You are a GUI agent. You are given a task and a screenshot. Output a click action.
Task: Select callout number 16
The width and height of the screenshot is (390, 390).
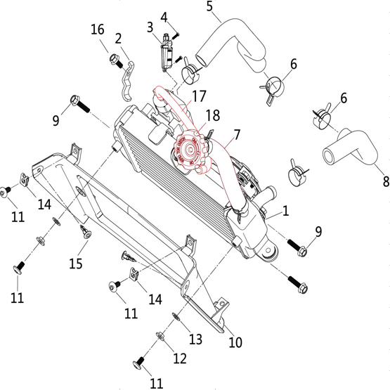tap(97, 30)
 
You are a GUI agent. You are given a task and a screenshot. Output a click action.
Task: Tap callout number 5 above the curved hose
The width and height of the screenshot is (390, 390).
tap(209, 6)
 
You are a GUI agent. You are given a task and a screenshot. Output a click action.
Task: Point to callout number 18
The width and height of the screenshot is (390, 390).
tap(213, 115)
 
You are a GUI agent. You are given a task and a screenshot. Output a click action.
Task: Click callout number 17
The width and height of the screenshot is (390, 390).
tap(200, 96)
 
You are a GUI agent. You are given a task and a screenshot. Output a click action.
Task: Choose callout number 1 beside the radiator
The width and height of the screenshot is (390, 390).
tap(286, 211)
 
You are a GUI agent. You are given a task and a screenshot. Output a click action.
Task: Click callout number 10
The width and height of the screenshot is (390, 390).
tap(235, 342)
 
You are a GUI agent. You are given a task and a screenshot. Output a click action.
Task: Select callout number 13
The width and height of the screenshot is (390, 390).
tap(195, 339)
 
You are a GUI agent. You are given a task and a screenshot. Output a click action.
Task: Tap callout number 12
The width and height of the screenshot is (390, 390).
tap(180, 358)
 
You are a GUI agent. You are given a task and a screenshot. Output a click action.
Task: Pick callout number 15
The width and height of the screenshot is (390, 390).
tap(76, 264)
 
